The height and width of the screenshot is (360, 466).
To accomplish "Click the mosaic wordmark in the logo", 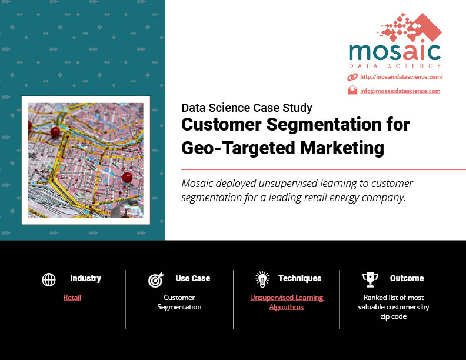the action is point(395,52).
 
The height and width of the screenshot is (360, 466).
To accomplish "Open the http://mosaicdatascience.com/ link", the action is point(401,77).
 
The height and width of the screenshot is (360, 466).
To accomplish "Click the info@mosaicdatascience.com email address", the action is point(400,91).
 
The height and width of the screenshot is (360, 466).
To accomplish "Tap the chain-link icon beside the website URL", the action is point(352,77).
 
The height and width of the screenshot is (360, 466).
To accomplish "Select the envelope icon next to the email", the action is point(352,90).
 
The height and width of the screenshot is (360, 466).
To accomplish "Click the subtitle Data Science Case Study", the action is point(247,108).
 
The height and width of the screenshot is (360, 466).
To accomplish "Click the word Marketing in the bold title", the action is point(342,148).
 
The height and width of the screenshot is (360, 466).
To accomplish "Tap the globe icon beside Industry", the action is point(49,279).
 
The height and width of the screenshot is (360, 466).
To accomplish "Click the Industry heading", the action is point(85,278).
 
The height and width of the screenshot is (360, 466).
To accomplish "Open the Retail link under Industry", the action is point(72,297).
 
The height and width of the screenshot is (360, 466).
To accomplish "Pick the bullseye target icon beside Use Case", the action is point(156,279).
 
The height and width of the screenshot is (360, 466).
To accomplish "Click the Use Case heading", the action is point(192,278).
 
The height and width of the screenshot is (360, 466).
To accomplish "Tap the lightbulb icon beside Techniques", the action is point(262,279).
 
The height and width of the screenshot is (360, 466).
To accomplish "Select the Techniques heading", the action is point(300,278).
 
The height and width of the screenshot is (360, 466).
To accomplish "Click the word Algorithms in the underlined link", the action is point(287,307).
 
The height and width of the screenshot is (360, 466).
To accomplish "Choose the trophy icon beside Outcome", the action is point(370,279).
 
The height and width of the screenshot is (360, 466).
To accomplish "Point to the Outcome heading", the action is point(407,278).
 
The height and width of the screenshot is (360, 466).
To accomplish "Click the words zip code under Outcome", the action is point(394,316).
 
